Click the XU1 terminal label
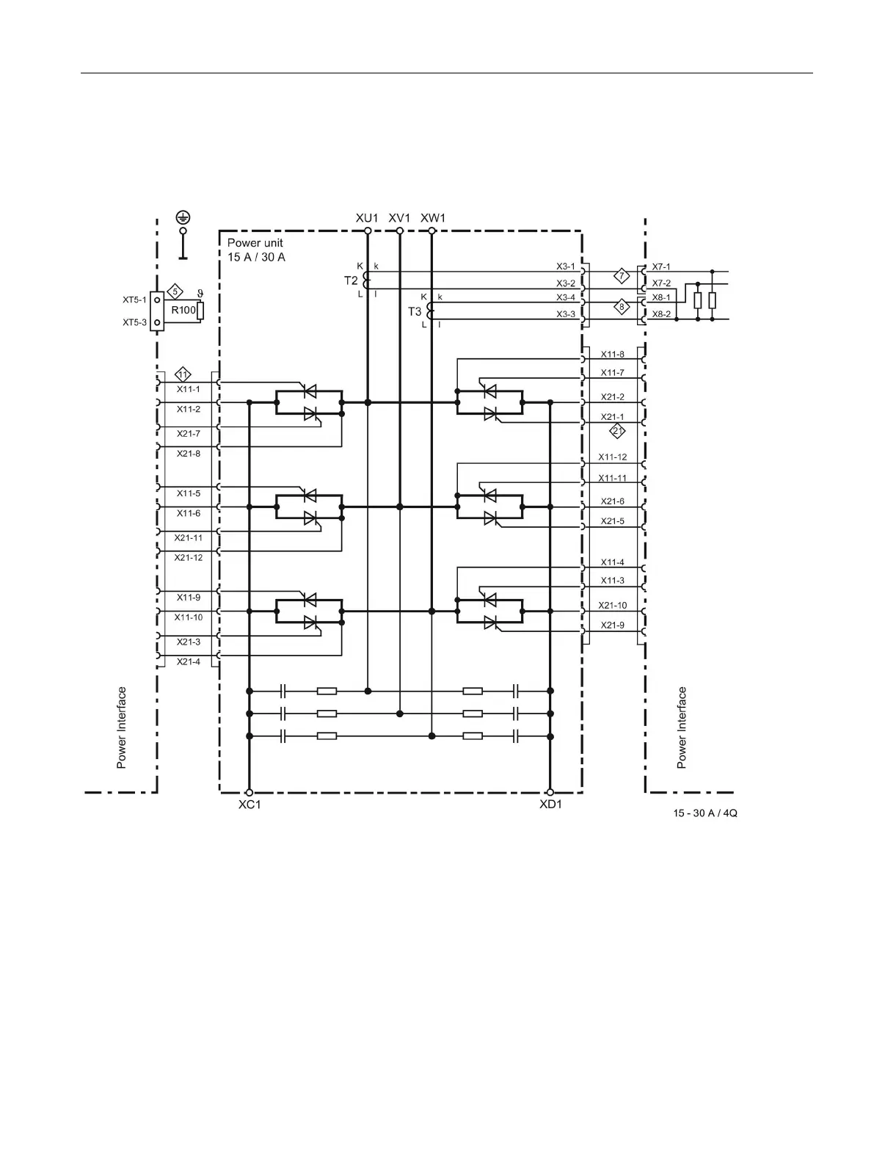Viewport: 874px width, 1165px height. pos(367,218)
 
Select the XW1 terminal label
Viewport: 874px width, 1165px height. pos(433,218)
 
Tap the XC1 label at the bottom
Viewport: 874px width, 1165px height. pos(250,805)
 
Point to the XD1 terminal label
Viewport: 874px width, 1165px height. pos(551,805)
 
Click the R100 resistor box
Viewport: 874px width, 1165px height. pos(183,310)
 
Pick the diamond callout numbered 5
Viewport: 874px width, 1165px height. pos(175,291)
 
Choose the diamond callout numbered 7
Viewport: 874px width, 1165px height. pos(622,276)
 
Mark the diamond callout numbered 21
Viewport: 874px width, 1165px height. pos(617,430)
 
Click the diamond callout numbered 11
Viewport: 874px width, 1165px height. pos(183,372)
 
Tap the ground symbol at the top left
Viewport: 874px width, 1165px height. pos(183,217)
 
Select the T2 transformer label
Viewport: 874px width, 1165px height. pos(351,280)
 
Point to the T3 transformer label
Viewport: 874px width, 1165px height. pos(415,311)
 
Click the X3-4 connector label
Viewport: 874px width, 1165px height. pos(566,297)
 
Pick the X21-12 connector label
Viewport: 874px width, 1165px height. pos(189,558)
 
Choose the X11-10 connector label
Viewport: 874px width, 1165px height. pos(189,617)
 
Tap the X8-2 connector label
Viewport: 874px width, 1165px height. pos(661,313)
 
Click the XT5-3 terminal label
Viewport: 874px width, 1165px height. pos(134,322)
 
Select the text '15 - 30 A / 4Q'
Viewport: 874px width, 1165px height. pos(705,814)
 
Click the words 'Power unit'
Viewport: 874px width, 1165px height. pos(255,243)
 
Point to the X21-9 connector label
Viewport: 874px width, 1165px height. pos(613,625)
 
